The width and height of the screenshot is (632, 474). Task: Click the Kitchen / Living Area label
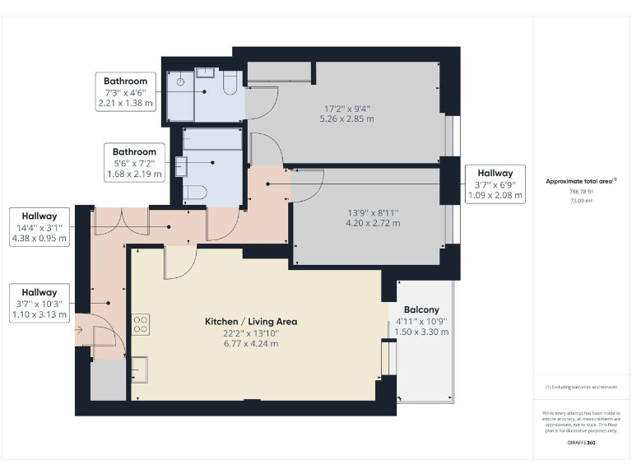[x=251, y=322]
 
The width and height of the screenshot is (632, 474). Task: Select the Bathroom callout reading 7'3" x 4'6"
[x=125, y=92]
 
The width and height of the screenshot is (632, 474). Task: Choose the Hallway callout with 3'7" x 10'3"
[x=39, y=303]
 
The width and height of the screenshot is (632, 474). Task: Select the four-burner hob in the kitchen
[x=140, y=324]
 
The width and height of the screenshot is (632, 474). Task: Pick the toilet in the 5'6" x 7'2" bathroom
[x=194, y=193]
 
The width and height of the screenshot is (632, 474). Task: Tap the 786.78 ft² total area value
[x=581, y=191]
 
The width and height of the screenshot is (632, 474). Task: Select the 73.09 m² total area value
[x=581, y=200]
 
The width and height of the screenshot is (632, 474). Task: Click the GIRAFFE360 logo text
[x=582, y=443]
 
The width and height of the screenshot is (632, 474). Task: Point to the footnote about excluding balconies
[x=581, y=387]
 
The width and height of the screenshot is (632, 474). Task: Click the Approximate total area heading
[x=580, y=181]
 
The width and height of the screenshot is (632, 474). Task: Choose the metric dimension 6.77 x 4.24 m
[x=250, y=342]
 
